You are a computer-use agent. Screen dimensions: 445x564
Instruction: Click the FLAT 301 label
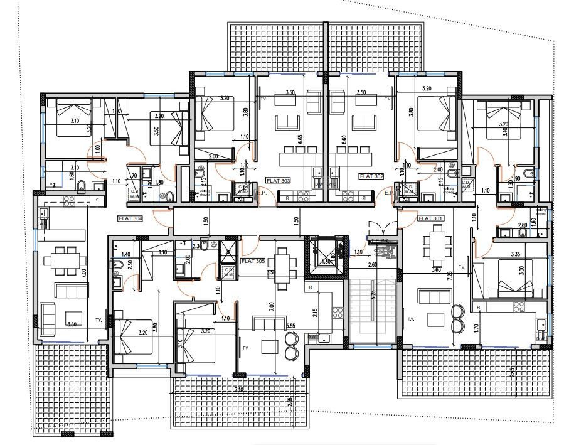(x=430, y=218)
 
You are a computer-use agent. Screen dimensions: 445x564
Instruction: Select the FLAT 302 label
(x=371, y=177)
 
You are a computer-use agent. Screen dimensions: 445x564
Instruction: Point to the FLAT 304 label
(x=130, y=219)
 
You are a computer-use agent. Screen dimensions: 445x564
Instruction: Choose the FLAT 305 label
(x=253, y=260)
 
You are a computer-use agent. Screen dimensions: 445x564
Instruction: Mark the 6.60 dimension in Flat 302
(x=344, y=139)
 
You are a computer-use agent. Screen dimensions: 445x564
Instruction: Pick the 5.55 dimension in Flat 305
(x=290, y=326)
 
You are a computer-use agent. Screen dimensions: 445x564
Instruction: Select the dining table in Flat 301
(x=434, y=244)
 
